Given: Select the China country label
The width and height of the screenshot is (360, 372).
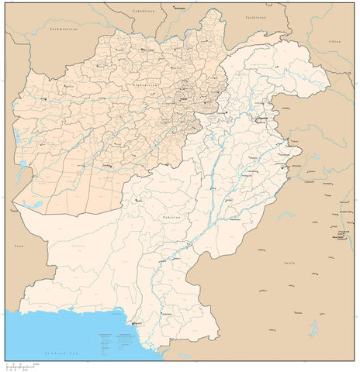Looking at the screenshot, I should coord(334,36).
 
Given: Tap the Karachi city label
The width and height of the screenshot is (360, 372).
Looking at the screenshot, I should coord(138,323).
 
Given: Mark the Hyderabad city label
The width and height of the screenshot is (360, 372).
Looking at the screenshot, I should coord(164,313).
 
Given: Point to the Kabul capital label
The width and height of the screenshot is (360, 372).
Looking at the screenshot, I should coord(185,99).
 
